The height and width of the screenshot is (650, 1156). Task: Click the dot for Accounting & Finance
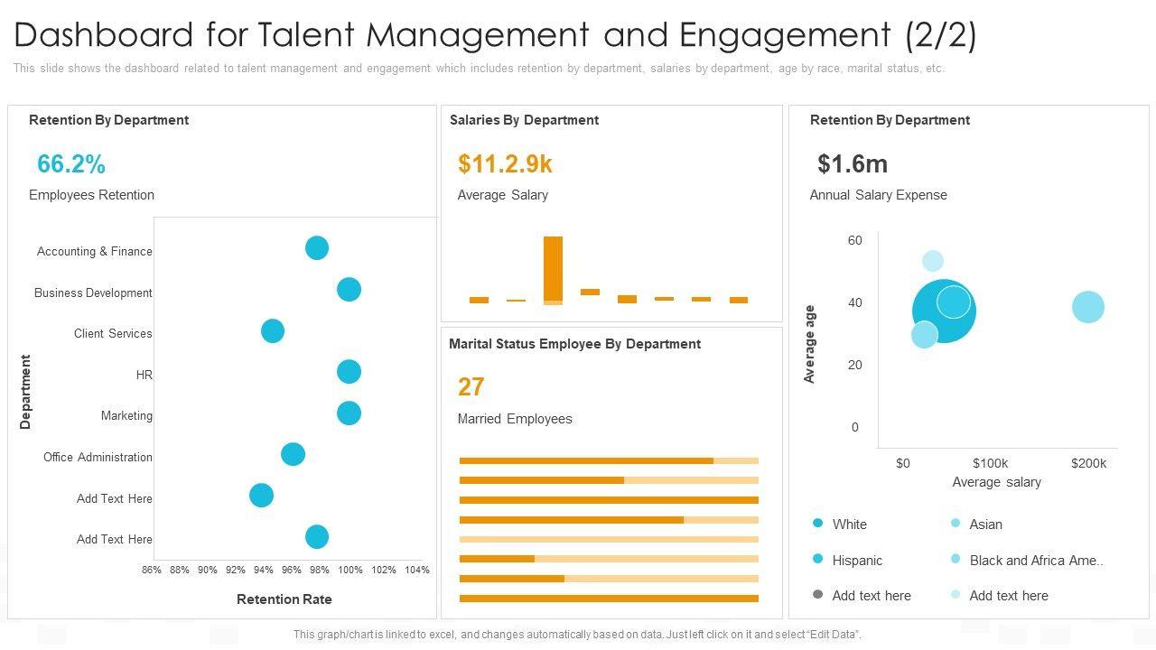coord(316,247)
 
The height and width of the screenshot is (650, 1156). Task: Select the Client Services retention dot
coord(273,330)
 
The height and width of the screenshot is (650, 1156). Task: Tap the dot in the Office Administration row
coord(293,454)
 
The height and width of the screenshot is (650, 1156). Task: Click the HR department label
coord(144,375)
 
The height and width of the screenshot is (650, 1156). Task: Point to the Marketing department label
coord(126,416)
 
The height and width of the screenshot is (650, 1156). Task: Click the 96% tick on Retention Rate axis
coord(292,570)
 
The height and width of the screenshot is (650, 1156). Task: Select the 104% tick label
coord(417,570)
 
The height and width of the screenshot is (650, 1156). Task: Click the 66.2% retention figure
coord(71,164)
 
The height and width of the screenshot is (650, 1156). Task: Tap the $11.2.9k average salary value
coord(505,164)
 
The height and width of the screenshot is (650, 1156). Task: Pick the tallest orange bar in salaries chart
coord(553,269)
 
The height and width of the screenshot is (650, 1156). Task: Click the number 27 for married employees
coord(471,387)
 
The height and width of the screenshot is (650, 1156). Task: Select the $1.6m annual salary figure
coord(853,164)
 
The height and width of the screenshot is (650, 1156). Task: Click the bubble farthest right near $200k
coord(1088,307)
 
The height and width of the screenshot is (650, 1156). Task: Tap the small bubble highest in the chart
coord(933,262)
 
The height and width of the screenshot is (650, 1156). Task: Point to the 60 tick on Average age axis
coord(855,240)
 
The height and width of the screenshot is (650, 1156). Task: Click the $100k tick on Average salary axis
coord(990,463)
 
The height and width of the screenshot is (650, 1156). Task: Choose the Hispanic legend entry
coord(856,561)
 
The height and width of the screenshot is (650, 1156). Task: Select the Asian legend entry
coord(985,525)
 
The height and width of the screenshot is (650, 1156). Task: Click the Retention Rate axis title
coord(284,599)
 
